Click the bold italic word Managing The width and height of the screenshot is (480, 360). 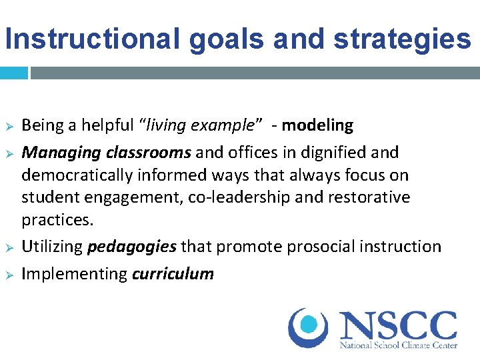60,153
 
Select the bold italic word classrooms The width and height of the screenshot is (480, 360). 147,153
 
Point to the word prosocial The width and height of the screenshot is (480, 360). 320,247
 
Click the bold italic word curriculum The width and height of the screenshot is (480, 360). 173,273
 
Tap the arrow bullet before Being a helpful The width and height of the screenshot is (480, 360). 9,126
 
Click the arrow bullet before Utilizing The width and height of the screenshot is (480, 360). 9,247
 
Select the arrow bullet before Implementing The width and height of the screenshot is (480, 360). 9,274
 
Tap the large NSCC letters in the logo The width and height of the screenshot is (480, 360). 398,325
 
